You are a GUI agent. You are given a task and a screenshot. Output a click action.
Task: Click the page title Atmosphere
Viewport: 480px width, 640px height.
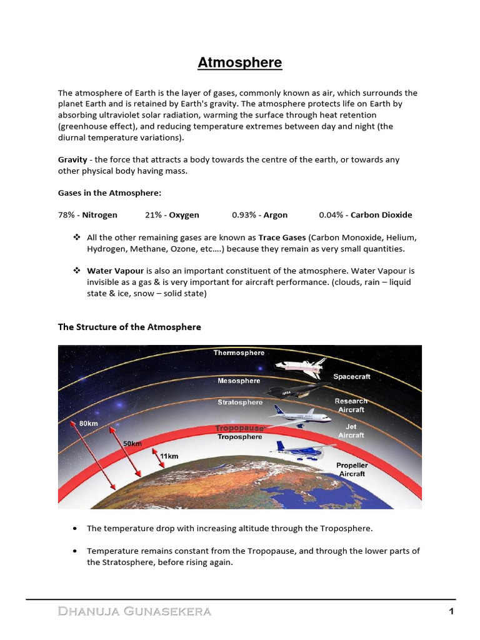coord(240,63)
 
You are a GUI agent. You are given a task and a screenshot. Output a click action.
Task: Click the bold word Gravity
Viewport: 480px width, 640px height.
coord(72,159)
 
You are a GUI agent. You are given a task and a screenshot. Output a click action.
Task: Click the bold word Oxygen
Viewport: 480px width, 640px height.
coord(184,215)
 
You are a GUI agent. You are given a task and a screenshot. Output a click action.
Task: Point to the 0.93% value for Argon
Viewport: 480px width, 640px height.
coord(243,215)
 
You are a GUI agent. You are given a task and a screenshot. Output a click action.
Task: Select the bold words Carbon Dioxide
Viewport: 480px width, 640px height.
coord(381,215)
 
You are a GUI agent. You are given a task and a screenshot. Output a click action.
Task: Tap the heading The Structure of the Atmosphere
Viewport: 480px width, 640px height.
coord(129,327)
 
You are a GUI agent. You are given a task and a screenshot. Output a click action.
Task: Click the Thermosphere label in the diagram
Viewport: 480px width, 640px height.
coord(239,353)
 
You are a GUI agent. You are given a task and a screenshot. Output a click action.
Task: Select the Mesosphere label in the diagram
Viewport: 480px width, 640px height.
coord(239,381)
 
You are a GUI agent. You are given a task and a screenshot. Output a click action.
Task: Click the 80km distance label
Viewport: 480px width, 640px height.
coord(88,423)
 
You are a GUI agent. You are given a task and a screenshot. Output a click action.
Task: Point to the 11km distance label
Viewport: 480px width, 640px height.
coord(169,456)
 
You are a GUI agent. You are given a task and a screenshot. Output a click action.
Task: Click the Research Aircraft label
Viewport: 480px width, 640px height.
coord(351,405)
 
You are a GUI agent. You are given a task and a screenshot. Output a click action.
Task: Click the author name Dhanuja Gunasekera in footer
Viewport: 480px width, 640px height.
coord(134,612)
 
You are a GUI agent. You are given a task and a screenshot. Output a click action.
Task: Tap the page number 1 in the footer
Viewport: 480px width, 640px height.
coord(451,612)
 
